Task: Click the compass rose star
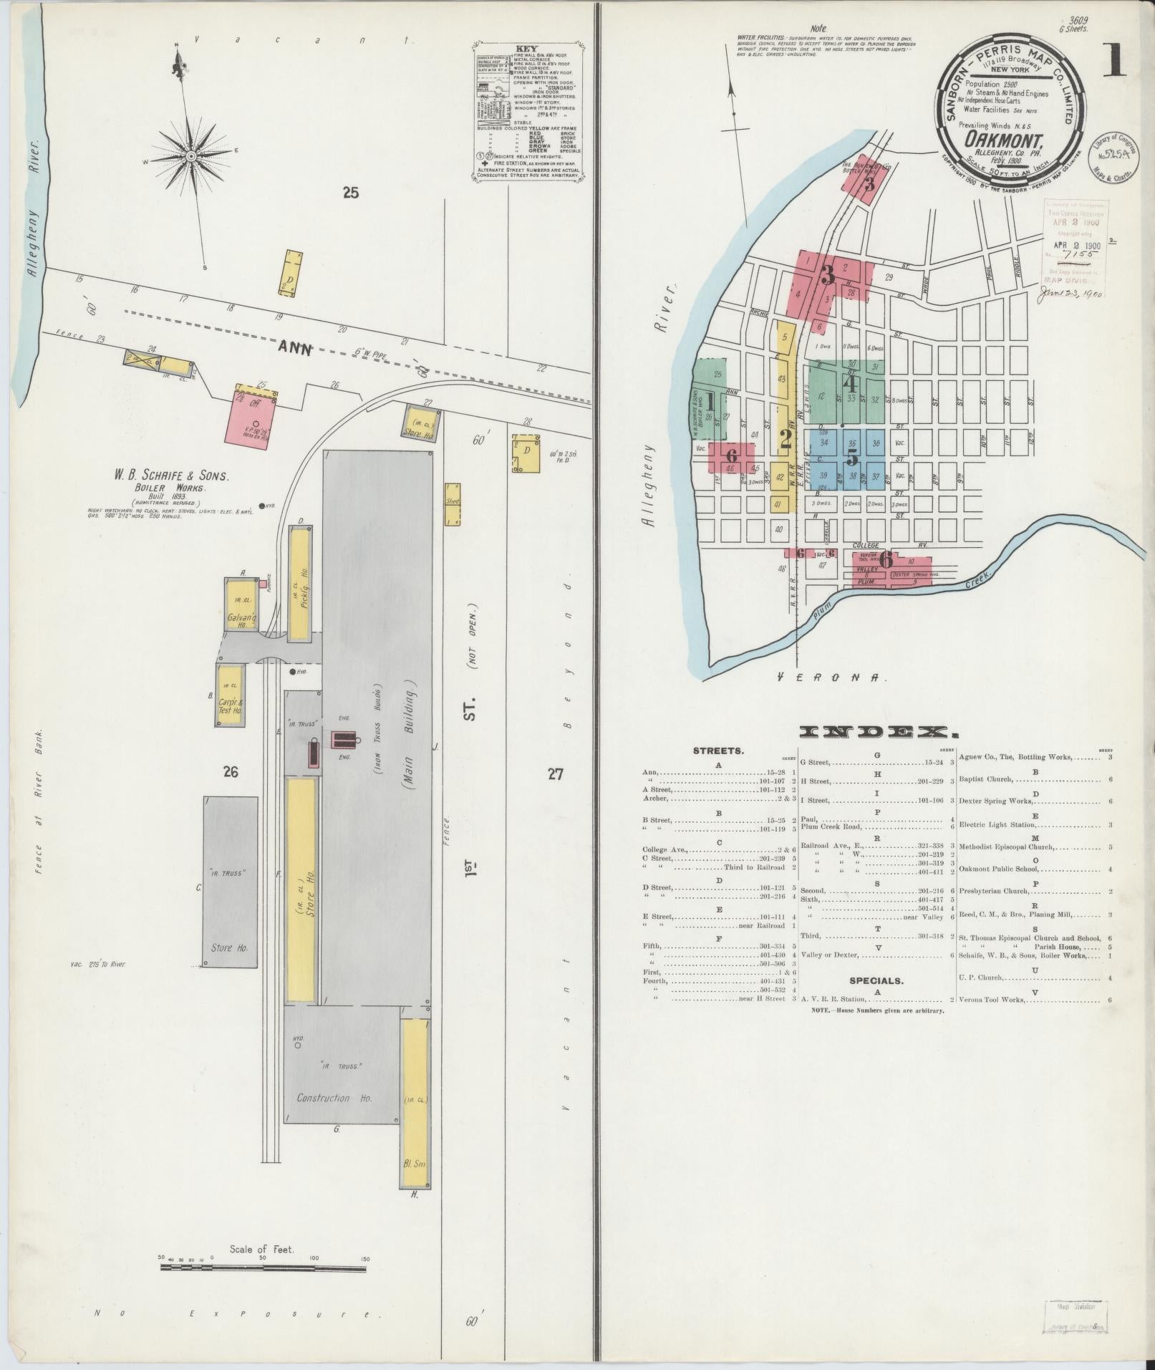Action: click(191, 156)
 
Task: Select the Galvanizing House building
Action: click(242, 603)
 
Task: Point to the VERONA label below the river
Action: click(832, 676)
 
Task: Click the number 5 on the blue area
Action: click(852, 456)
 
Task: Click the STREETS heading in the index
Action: click(717, 751)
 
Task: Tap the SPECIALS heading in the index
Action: click(876, 981)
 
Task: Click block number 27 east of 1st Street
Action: click(555, 773)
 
